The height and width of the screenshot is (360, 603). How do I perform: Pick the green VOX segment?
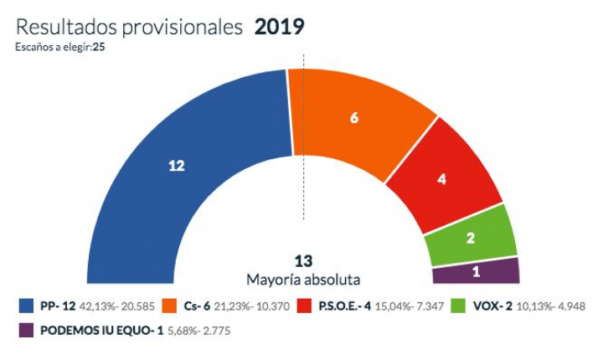(471, 234)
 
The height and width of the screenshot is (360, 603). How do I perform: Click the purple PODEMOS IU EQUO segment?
(476, 270)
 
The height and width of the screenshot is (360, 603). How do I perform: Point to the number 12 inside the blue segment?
(176, 167)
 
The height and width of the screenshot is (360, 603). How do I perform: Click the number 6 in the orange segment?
(354, 118)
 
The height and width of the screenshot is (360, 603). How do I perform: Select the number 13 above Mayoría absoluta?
(303, 260)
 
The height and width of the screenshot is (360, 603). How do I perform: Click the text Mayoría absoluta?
(303, 278)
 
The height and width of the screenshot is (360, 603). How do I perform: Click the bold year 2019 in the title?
(279, 27)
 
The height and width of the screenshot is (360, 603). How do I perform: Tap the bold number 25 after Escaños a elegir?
(99, 47)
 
